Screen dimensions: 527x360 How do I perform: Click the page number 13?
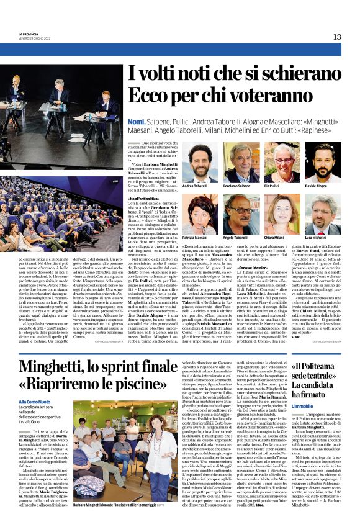tap(336, 37)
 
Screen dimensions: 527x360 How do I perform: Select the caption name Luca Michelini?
tap(316, 237)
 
